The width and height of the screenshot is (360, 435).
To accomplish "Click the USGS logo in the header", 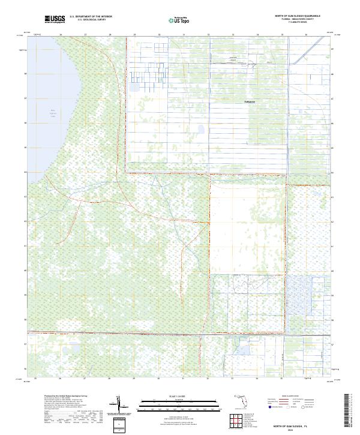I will (x=55, y=19).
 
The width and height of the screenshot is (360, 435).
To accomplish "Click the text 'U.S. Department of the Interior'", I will (x=91, y=16).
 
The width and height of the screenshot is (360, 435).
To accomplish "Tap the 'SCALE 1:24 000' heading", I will (x=176, y=396).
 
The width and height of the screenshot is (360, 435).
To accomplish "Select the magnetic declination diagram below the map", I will (x=122, y=405).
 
